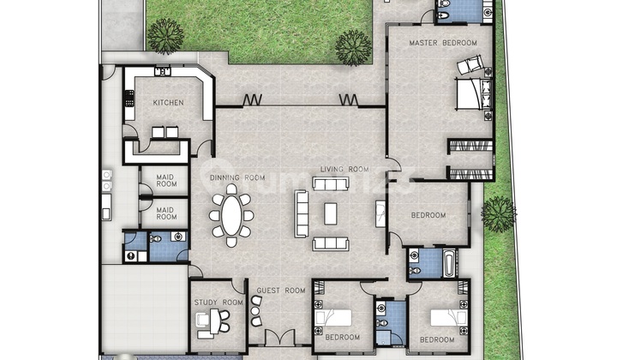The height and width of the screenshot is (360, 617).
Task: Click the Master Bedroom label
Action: coord(443,43)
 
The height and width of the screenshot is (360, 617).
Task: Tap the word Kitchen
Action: coord(169,103)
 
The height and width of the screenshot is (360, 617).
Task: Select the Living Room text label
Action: coord(344,170)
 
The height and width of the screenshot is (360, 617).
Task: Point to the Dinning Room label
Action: coord(237,177)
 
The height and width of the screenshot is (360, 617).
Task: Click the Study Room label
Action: coord(219,303)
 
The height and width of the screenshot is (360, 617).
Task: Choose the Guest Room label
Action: coord(281,291)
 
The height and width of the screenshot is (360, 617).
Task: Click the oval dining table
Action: coord(231,215)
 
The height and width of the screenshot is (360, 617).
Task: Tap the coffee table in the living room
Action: coord(331,213)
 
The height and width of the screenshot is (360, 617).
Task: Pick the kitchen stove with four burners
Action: coord(129,99)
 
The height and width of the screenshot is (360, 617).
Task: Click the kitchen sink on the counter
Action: coord(162,71)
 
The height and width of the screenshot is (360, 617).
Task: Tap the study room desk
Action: coord(215,321)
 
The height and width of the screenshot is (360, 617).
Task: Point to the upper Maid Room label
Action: coord(166,181)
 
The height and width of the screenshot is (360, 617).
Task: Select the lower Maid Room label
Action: coord(166,213)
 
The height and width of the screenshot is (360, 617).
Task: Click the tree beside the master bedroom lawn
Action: coord(353,48)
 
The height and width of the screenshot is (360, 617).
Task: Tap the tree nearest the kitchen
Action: coord(165,36)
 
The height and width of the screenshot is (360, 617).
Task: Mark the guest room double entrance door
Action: coord(279,338)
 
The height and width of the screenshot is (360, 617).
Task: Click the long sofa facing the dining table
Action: coord(301,213)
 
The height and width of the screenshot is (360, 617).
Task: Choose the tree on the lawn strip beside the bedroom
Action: coord(499,214)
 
